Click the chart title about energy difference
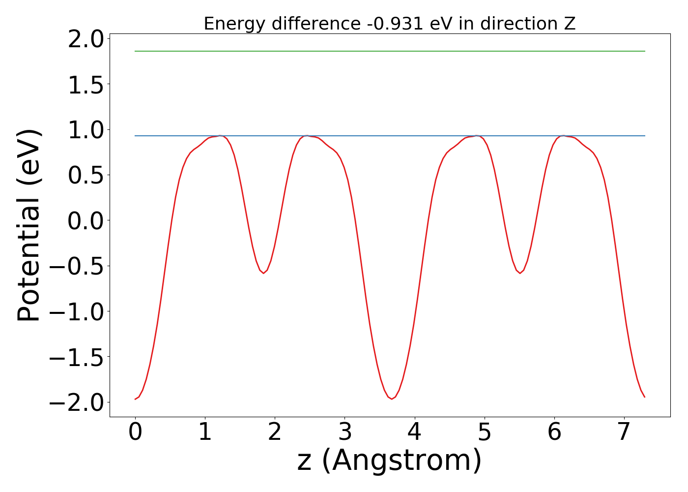click(x=389, y=24)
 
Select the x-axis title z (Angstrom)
click(x=389, y=461)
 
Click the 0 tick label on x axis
click(x=135, y=432)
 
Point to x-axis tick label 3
click(x=345, y=432)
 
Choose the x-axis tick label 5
click(x=485, y=432)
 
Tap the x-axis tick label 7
click(x=624, y=432)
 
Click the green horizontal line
click(x=389, y=51)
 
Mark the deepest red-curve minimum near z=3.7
click(x=392, y=399)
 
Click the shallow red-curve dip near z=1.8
click(x=263, y=273)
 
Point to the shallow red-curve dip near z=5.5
click(x=520, y=273)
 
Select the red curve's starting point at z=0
click(x=136, y=399)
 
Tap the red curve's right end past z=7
click(x=644, y=397)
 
